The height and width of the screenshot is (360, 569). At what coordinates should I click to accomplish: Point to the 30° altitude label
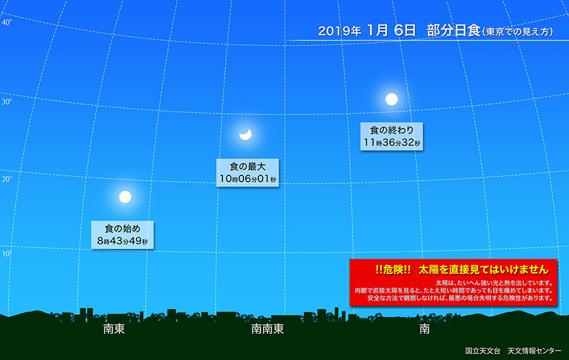pos(6,101)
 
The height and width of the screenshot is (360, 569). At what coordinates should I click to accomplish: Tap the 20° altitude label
pos(6,179)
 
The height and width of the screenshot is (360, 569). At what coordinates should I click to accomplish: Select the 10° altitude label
pos(6,254)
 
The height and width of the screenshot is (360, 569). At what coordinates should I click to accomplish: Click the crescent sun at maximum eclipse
pos(246,133)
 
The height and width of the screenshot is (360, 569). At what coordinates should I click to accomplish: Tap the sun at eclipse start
pos(125,197)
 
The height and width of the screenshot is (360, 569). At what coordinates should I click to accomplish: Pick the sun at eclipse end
pos(392,99)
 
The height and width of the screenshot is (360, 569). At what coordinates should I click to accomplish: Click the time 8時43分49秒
pos(123,241)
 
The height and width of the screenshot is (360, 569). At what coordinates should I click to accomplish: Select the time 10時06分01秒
pos(247,179)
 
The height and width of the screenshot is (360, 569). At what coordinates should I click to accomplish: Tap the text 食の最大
pos(247,166)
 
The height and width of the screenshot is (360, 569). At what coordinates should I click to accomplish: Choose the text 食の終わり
pos(391,130)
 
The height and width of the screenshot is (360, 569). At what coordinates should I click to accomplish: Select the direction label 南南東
pos(266,329)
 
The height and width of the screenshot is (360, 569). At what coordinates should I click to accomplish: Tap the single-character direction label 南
pos(425,329)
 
